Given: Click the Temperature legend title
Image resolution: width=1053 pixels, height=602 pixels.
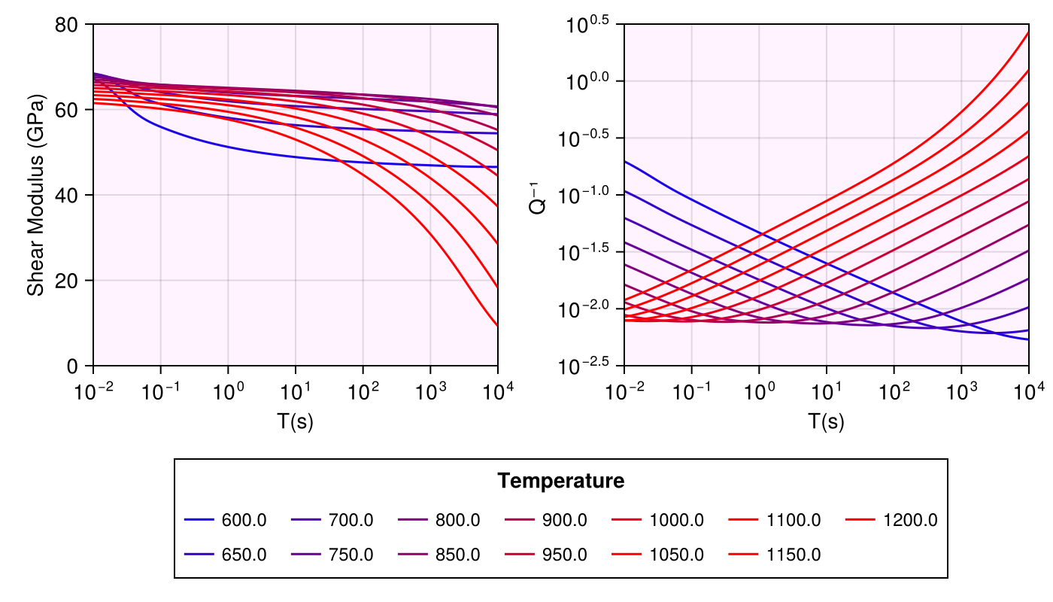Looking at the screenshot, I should (x=561, y=481).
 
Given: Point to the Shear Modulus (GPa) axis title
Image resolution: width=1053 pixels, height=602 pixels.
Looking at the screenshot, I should (x=35, y=195).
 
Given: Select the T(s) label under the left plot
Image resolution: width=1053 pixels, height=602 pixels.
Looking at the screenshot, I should (x=295, y=421).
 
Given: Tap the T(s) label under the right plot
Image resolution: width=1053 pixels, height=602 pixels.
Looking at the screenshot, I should (x=826, y=421).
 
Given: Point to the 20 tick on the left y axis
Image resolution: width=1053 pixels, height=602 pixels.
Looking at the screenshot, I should (x=71, y=281).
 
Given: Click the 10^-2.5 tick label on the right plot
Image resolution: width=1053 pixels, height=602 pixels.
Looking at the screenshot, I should (x=591, y=366).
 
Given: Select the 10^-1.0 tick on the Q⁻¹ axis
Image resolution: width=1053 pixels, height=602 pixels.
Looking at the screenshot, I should (x=591, y=193).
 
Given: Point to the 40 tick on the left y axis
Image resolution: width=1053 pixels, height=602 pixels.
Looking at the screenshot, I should (x=71, y=196).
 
